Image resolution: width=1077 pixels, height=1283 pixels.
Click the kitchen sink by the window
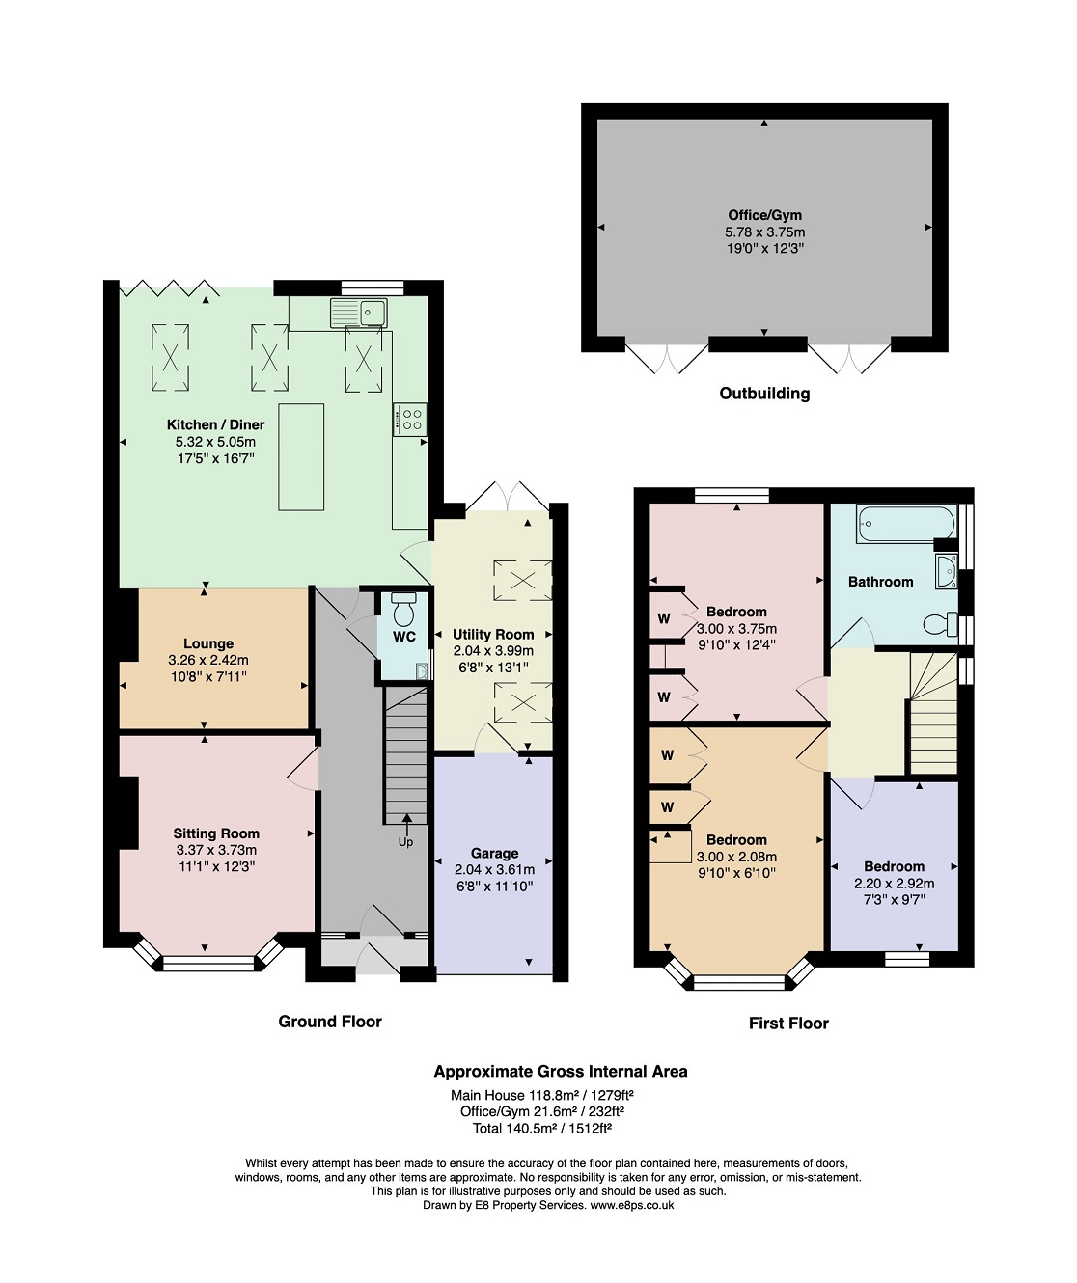tap(358, 313)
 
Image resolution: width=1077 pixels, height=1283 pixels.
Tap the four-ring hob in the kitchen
tap(409, 419)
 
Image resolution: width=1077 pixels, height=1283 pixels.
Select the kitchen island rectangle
tap(301, 456)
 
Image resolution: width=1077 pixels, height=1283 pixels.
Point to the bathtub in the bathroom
tap(906, 524)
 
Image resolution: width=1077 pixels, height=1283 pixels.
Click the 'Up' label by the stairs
tap(405, 842)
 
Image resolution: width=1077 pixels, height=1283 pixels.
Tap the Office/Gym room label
tap(764, 215)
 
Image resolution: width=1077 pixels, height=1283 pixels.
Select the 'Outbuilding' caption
tap(764, 394)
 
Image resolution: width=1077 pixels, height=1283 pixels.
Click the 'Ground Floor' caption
tap(330, 1022)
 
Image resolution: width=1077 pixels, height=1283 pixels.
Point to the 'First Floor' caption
tap(788, 1024)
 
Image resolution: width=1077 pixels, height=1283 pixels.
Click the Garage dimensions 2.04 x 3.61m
tap(494, 869)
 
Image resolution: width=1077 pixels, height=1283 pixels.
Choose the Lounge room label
tap(208, 643)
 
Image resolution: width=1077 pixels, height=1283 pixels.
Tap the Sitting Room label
tap(216, 833)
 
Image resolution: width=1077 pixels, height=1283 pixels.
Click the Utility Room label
tap(493, 634)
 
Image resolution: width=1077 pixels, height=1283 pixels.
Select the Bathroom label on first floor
tap(880, 582)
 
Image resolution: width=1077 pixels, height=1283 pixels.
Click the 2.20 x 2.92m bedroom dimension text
tap(894, 883)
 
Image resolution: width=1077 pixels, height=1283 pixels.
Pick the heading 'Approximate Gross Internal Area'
tap(561, 1072)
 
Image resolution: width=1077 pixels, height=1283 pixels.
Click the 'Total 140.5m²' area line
tap(542, 1128)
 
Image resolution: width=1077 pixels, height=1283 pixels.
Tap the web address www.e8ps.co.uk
tap(632, 1205)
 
